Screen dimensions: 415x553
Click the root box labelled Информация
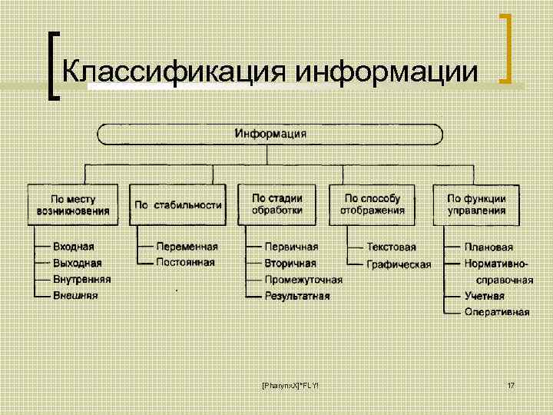270,134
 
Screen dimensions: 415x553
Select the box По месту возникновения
74,204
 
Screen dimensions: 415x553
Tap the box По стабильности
178,204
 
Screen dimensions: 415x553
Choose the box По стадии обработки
277,204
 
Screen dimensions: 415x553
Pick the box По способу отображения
374,204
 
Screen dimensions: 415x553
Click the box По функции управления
477,204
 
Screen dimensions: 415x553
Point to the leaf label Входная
74,247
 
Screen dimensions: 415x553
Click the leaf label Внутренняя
82,280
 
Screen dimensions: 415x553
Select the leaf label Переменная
187,247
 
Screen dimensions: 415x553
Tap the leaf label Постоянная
185,262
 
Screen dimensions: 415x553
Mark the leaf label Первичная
291,247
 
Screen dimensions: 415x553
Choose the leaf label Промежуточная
303,280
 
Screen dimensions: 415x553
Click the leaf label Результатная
297,295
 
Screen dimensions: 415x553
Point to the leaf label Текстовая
391,247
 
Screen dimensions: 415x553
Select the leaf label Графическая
399,264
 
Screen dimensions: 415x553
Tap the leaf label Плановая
489,247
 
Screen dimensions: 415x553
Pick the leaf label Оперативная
497,311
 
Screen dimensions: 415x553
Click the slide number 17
511,384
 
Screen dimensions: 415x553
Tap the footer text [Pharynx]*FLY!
290,384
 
